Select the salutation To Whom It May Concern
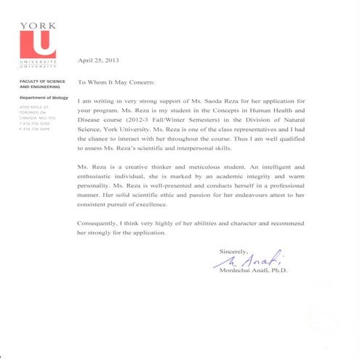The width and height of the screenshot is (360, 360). [x=116, y=84]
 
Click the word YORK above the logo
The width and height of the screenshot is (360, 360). [x=37, y=25]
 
